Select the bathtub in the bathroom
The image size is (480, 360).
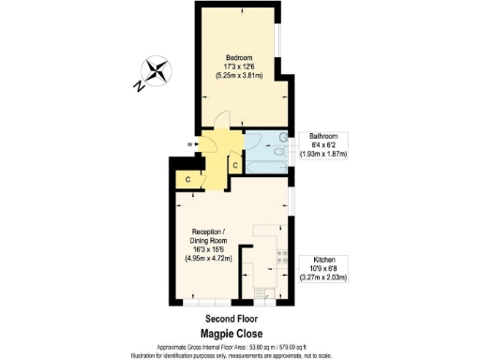[x=266, y=156]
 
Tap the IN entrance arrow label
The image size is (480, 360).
[x=190, y=143]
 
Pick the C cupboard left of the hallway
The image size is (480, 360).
[x=187, y=178]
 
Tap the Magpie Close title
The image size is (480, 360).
[x=231, y=333]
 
